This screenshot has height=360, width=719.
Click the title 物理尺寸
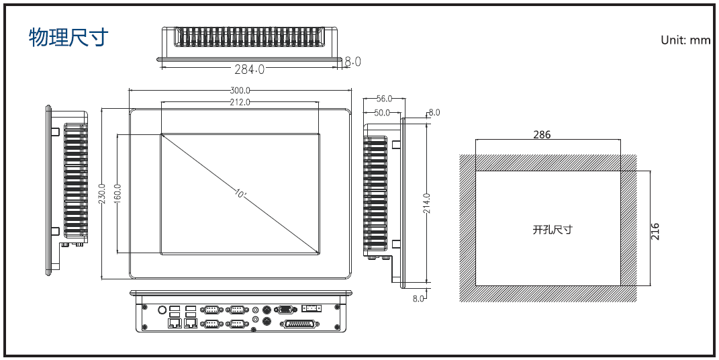(68, 38)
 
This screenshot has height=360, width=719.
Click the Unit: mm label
(685, 40)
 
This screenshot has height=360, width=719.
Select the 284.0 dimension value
(250, 69)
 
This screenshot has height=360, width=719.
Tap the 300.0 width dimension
(240, 90)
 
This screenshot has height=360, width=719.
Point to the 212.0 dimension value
(240, 102)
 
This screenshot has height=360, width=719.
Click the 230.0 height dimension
(103, 195)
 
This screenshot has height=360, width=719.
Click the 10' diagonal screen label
(240, 194)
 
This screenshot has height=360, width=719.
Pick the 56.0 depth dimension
(384, 99)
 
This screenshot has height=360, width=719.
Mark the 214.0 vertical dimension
(426, 203)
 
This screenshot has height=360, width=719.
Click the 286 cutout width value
(542, 134)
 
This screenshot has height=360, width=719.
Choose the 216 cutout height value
(655, 231)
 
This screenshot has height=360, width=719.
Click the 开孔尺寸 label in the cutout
(552, 230)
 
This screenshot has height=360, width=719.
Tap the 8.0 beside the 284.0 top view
(353, 62)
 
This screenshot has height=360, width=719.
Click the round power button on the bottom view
(161, 310)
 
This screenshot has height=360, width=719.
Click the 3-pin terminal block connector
(311, 308)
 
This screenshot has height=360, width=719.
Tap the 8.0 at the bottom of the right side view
(418, 298)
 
